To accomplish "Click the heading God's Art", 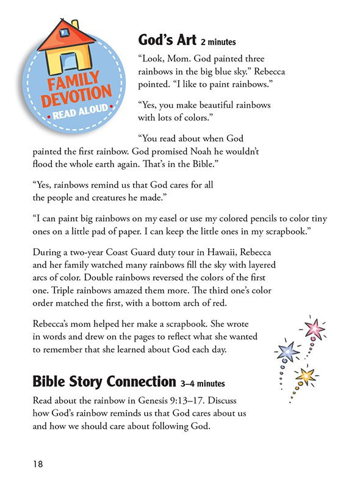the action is pyautogui.click(x=167, y=41).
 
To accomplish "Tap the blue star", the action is pyautogui.click(x=287, y=352).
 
